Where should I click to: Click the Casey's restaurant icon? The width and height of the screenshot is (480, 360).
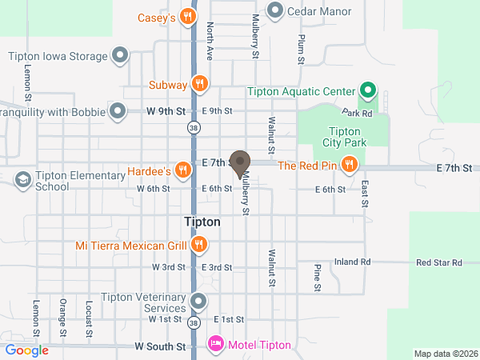pyautogui.click(x=187, y=16)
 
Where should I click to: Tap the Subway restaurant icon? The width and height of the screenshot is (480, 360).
pyautogui.click(x=200, y=83)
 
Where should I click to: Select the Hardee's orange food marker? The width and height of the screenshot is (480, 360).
pyautogui.click(x=184, y=170)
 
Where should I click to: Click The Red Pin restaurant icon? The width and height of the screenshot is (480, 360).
pyautogui.click(x=349, y=166)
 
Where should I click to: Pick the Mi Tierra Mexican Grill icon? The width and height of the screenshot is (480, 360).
pyautogui.click(x=199, y=244)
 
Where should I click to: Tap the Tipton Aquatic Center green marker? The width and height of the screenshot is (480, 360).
pyautogui.click(x=368, y=90)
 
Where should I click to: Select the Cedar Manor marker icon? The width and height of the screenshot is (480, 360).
pyautogui.click(x=275, y=10)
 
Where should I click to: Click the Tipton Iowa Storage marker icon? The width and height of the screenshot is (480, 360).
pyautogui.click(x=120, y=56)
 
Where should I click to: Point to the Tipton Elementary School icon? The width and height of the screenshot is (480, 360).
pyautogui.click(x=22, y=179)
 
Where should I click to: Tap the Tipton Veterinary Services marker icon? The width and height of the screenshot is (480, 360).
pyautogui.click(x=199, y=302)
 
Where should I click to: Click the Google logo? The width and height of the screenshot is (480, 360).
pyautogui.click(x=26, y=350)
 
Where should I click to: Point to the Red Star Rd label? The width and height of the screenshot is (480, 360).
pyautogui.click(x=439, y=262)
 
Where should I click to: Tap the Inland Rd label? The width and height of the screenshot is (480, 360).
pyautogui.click(x=353, y=262)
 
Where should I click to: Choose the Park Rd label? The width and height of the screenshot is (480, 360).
pyautogui.click(x=358, y=114)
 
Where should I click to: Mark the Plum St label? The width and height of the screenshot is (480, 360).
pyautogui.click(x=302, y=49)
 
